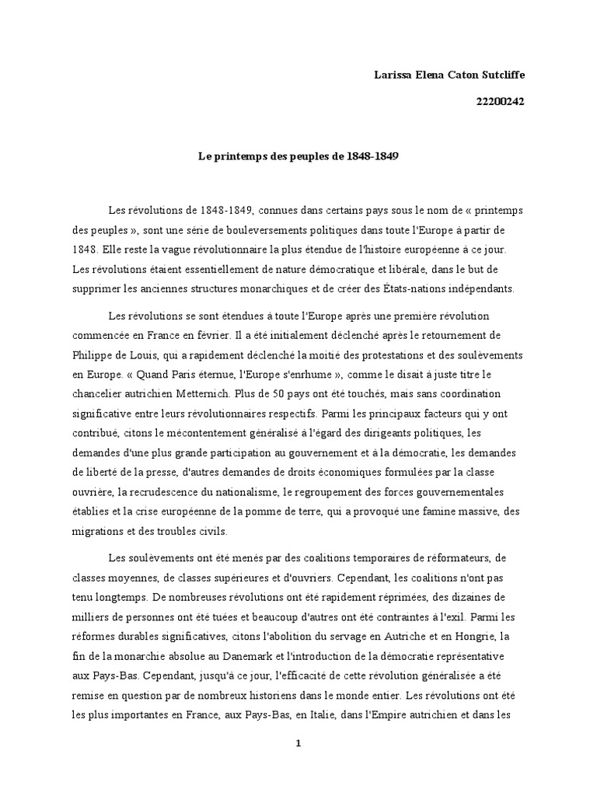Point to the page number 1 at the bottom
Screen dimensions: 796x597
[x=298, y=743]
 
